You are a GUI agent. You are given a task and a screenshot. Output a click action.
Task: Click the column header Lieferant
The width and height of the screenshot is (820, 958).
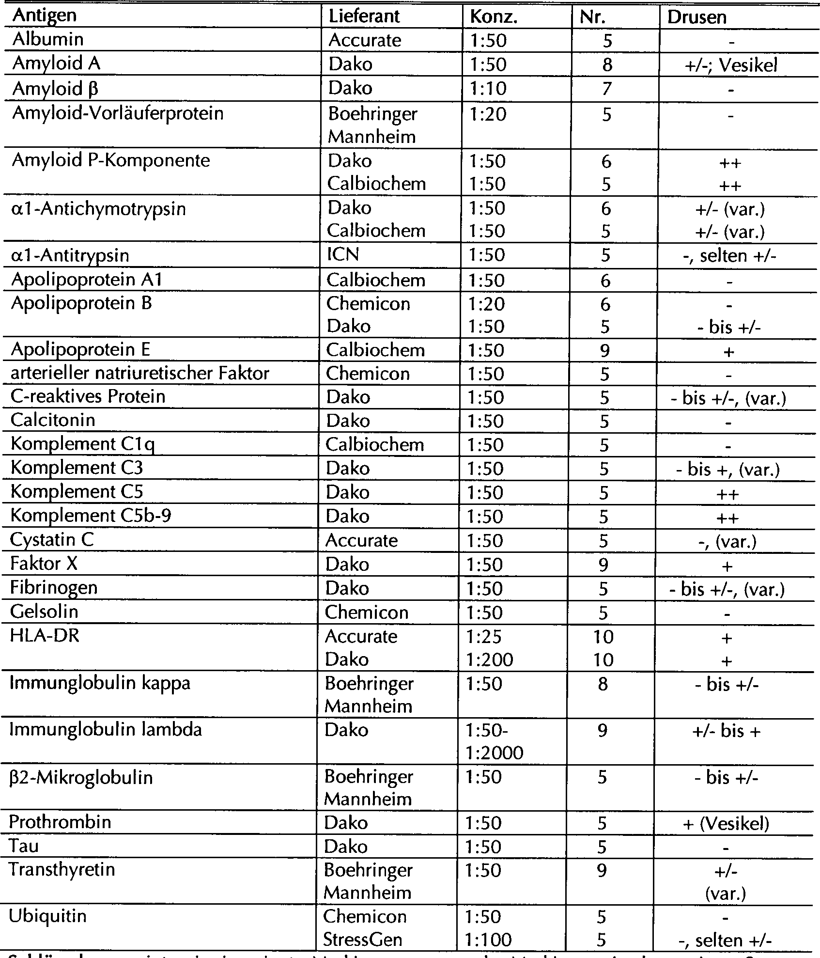pyautogui.click(x=364, y=16)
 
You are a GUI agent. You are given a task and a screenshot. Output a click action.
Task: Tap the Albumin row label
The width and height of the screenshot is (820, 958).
pyautogui.click(x=48, y=39)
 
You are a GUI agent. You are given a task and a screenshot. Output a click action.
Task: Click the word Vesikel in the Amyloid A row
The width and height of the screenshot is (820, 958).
pyautogui.click(x=748, y=65)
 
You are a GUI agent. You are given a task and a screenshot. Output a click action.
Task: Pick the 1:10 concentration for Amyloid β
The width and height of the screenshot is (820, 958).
pyautogui.click(x=488, y=89)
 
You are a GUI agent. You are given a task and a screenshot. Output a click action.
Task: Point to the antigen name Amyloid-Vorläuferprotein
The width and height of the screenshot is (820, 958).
pyautogui.click(x=118, y=113)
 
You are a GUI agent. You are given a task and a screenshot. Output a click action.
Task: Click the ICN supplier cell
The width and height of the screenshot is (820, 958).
pyautogui.click(x=343, y=254)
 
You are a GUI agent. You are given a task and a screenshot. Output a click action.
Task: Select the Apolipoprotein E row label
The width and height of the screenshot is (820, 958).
pyautogui.click(x=80, y=349)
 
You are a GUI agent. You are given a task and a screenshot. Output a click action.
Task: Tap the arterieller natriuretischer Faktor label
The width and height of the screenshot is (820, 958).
pyautogui.click(x=139, y=373)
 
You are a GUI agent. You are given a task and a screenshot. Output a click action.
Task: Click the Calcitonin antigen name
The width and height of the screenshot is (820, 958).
pyautogui.click(x=53, y=420)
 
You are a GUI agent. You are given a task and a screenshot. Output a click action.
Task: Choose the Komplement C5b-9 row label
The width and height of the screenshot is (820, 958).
pyautogui.click(x=91, y=516)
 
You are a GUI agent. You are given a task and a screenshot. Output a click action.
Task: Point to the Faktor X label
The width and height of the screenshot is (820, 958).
pyautogui.click(x=44, y=564)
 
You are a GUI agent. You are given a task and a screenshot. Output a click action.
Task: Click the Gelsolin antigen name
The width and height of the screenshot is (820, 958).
pyautogui.click(x=44, y=612)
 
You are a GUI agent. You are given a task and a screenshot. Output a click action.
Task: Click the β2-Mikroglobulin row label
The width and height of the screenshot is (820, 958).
pyautogui.click(x=81, y=777)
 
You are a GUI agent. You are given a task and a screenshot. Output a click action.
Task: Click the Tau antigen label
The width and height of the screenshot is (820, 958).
pyautogui.click(x=23, y=846)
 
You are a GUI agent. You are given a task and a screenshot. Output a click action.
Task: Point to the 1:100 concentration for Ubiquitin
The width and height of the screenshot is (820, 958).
pyautogui.click(x=488, y=940)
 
